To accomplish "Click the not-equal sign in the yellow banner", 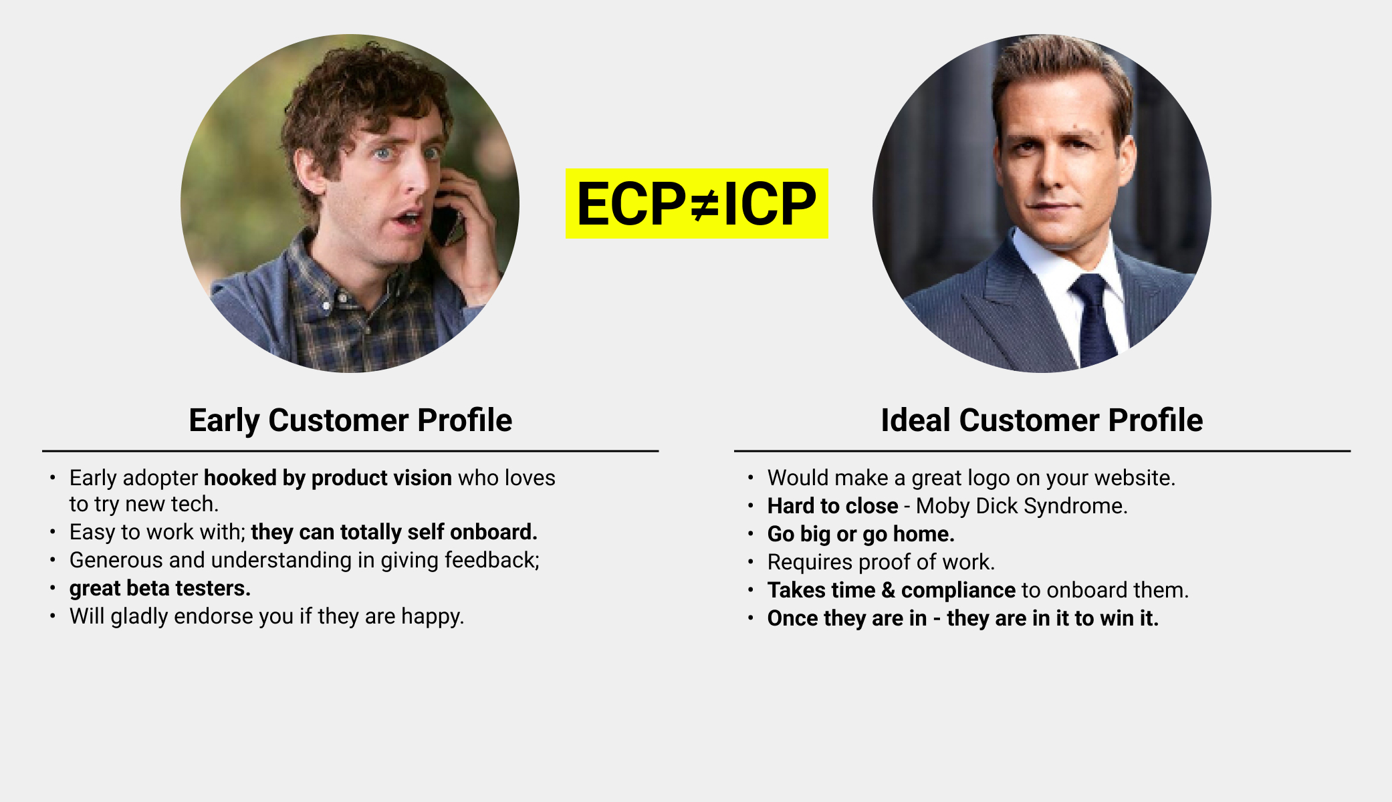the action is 704,205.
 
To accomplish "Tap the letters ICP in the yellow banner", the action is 770,205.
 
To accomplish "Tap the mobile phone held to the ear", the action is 447,225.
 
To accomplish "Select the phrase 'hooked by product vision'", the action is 328,479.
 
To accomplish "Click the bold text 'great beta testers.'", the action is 160,589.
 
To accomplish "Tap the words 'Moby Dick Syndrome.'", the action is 1022,507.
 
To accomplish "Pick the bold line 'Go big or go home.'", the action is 861,535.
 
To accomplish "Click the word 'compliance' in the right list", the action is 958,591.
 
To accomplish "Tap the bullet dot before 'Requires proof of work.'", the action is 751,562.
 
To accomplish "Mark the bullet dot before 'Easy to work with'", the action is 53,533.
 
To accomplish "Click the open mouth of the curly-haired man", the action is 407,219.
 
